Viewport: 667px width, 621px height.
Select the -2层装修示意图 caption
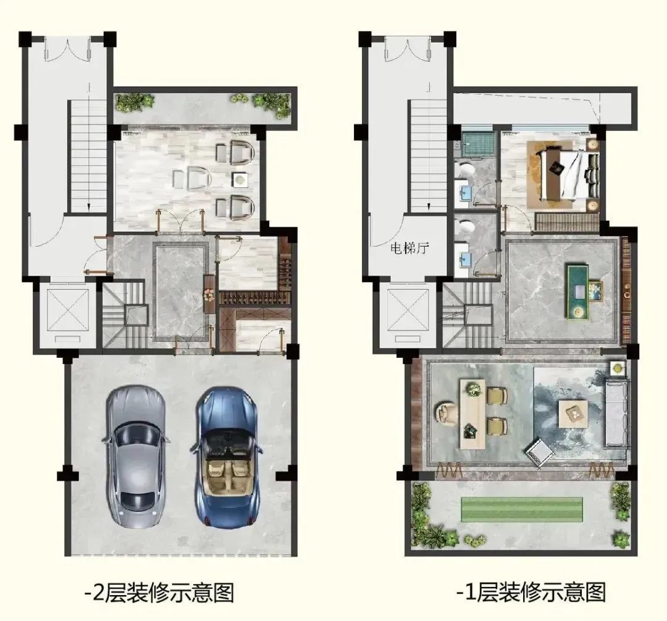point(159,592)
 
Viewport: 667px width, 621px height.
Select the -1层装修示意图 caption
point(531,591)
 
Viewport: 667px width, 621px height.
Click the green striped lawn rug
point(522,510)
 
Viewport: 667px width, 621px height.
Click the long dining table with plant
point(472,413)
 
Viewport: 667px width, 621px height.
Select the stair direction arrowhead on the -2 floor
point(88,207)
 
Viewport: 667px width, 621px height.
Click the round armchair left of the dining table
point(447,414)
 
